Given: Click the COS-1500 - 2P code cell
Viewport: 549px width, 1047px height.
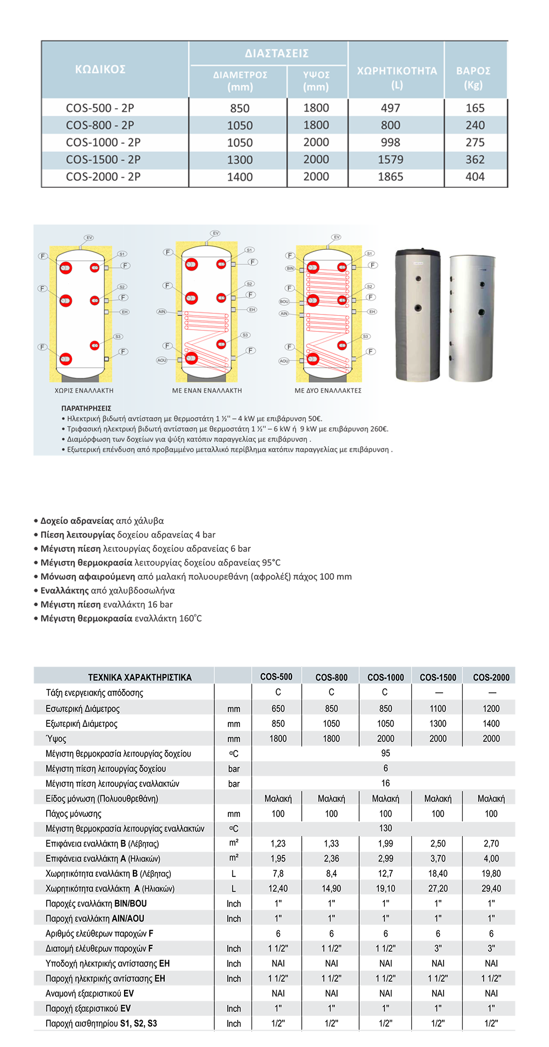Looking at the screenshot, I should tap(103, 160).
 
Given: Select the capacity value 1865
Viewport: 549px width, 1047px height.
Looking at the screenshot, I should tap(390, 177).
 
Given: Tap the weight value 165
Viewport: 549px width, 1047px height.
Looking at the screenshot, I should tap(475, 108).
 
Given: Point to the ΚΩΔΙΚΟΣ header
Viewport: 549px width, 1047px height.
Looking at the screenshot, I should tap(100, 69).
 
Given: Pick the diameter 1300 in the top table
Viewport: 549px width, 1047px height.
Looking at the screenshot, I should tap(240, 160).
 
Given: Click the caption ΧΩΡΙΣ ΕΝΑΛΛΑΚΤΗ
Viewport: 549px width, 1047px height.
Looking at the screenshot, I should tap(84, 391).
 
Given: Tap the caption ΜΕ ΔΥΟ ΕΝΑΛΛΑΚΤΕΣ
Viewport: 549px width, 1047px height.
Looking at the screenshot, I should tap(328, 391).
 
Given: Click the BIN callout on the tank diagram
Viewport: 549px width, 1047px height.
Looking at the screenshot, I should tap(290, 268).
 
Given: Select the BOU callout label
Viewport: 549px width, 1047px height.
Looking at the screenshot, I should tap(284, 301).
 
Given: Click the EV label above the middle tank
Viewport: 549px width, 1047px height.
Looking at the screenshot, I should tap(215, 233).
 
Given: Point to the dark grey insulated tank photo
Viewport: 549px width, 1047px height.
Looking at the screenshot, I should tap(418, 315).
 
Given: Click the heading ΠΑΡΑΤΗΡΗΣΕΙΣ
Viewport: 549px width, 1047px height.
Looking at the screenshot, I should tap(86, 408).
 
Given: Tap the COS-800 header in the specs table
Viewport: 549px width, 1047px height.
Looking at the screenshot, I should tap(331, 678).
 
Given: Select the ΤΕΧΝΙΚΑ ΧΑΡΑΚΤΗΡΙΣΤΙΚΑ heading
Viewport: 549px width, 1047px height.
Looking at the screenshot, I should tap(139, 678).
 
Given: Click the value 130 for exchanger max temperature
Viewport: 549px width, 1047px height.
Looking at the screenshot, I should tap(385, 828).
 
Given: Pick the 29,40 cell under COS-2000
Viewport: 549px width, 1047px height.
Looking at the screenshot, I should tap(491, 888).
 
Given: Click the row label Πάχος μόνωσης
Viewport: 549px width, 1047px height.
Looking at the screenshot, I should tap(74, 814).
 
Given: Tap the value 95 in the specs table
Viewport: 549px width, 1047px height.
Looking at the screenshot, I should tap(385, 753).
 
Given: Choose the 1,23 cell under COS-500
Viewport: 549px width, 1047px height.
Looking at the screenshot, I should tap(278, 843).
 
